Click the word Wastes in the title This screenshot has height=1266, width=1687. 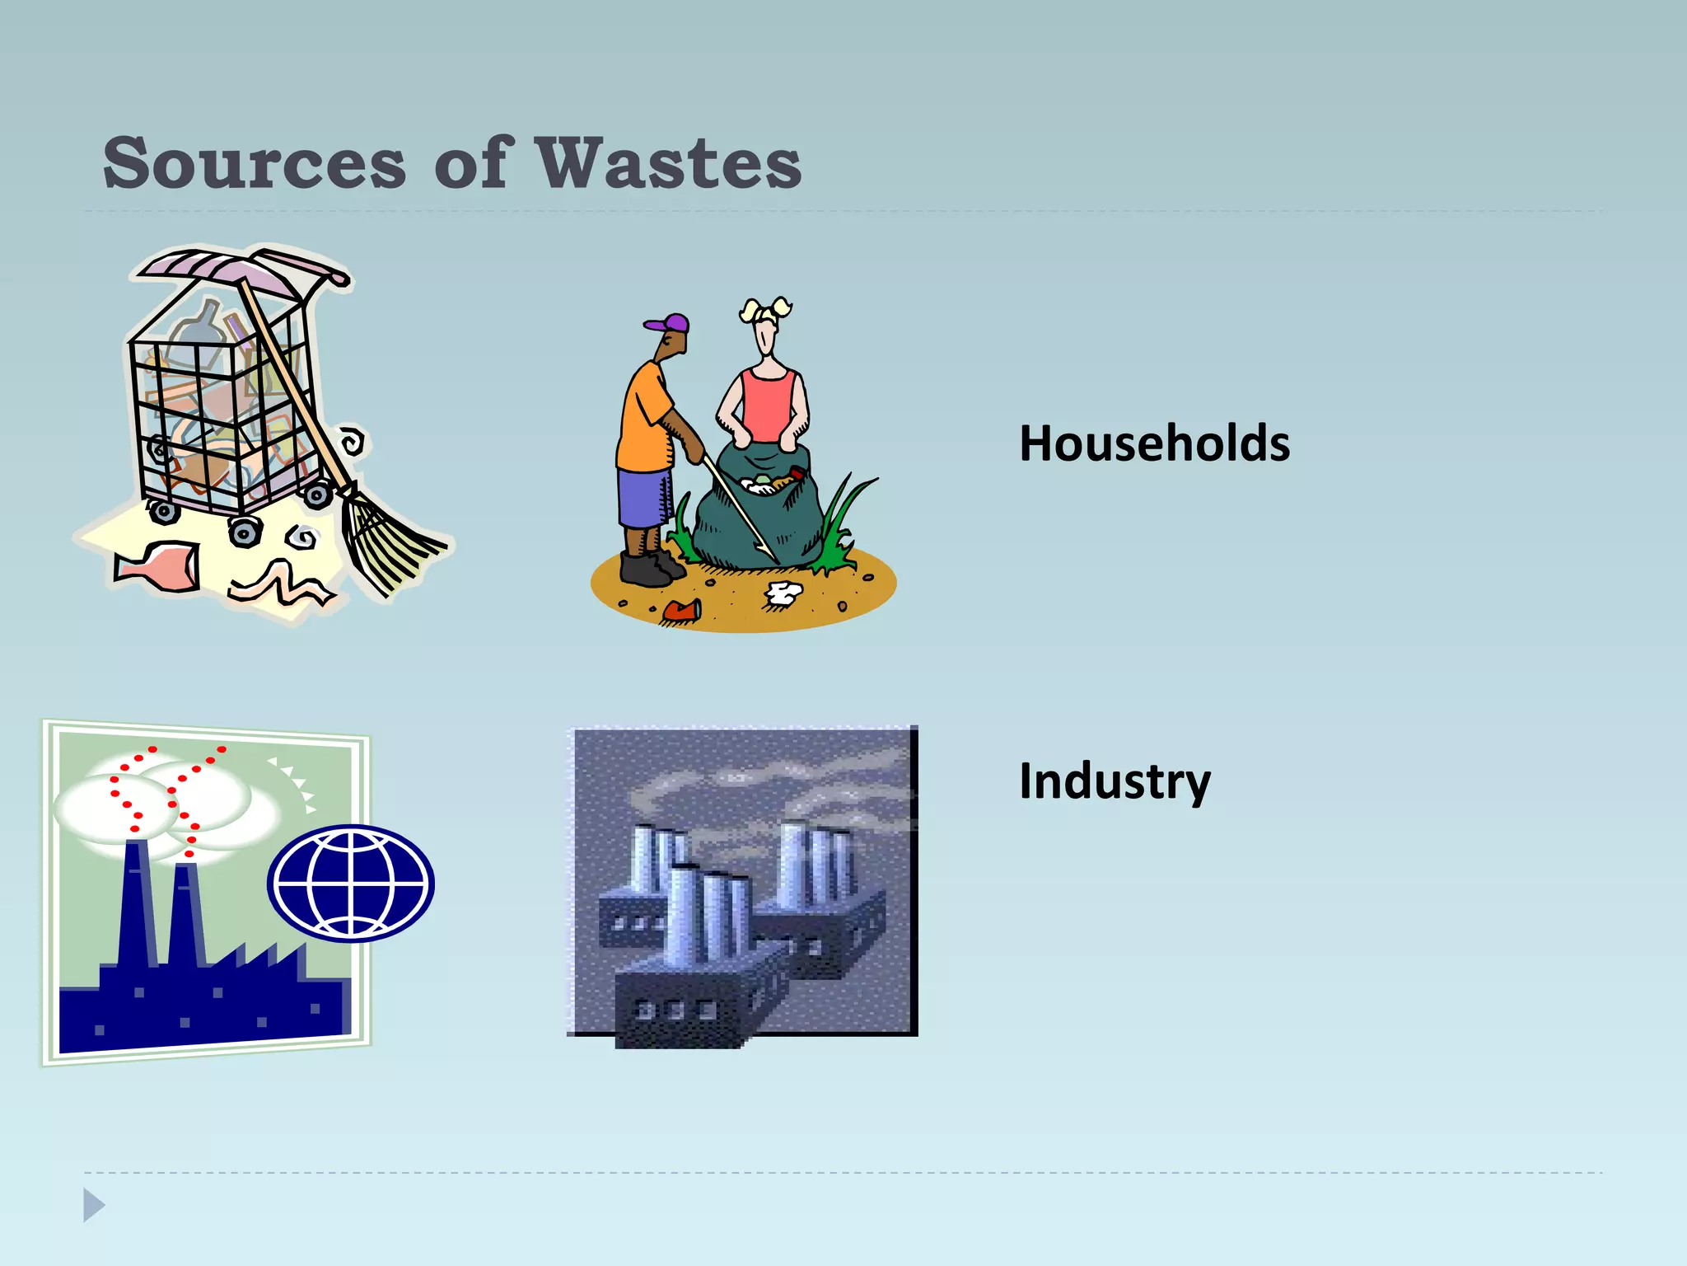coord(668,163)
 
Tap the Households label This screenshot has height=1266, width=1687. coord(1154,443)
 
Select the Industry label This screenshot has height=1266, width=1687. coord(1115,781)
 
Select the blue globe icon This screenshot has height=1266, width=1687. coord(351,883)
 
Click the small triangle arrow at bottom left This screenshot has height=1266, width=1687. coord(93,1205)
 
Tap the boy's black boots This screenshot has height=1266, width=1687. coord(647,568)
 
